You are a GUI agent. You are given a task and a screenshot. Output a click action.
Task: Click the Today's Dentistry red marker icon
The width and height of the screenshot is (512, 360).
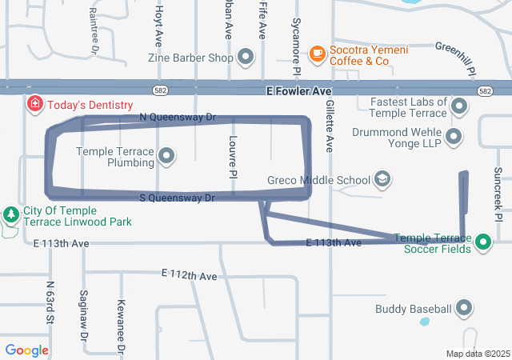coord(35,105)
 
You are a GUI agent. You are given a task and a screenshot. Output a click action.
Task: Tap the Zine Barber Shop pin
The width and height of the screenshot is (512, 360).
coord(245,58)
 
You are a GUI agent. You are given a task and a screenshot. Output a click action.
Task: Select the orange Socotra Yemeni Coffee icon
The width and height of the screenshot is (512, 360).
coord(318,53)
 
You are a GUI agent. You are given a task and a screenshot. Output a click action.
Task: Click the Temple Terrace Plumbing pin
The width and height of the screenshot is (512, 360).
coord(166,156)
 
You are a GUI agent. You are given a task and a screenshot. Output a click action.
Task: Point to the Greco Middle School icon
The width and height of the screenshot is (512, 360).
coord(382,179)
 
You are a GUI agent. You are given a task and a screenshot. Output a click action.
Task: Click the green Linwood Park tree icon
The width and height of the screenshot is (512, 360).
coord(11,215)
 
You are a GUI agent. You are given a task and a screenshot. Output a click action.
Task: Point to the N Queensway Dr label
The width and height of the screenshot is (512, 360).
coord(178,117)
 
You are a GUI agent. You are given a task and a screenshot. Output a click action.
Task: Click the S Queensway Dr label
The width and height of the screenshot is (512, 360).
coord(178,198)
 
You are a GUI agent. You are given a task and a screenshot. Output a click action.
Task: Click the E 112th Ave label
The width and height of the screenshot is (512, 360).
coord(189,276)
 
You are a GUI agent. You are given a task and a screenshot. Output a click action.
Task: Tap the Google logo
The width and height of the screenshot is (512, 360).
coord(26,350)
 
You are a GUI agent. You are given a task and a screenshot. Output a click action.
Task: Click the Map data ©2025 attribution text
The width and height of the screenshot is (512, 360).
coord(478,354)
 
